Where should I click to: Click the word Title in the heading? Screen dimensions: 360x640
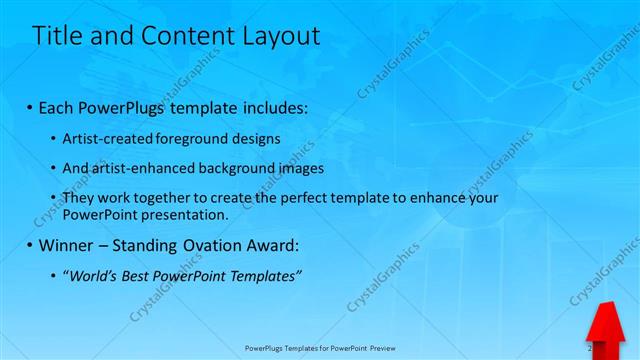tap(57, 37)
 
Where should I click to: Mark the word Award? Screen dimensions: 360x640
tap(272, 245)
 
